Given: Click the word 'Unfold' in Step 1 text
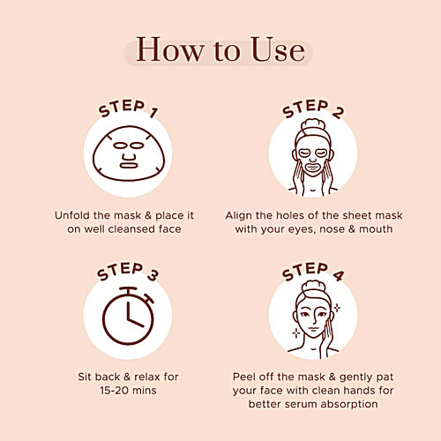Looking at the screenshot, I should pos(72,215).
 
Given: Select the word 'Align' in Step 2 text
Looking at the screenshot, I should pos(241,215).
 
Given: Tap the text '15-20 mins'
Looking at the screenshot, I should pos(127,389).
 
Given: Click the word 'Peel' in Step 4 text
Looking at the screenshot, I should pos(248,374).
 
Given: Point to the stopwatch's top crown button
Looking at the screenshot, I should pos(128,288).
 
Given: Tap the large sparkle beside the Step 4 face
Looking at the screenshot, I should pos(336,308).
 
